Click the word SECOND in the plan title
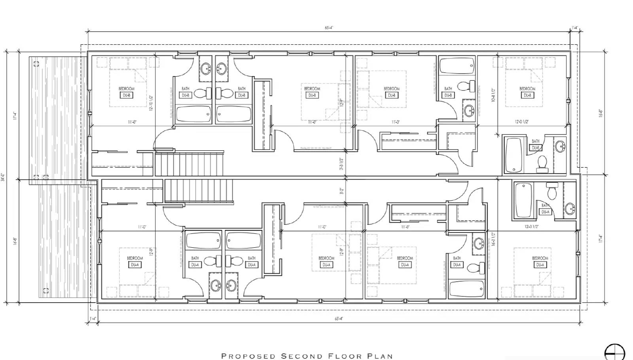[x=300, y=356]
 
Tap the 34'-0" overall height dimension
[x=3, y=177]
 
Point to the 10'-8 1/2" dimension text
[x=493, y=95]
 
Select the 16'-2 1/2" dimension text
[x=493, y=239]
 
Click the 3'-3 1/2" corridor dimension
[x=341, y=164]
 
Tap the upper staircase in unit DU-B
[x=189, y=163]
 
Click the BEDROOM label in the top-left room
[x=126, y=89]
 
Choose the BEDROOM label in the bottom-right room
[x=540, y=258]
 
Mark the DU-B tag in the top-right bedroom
[x=527, y=95]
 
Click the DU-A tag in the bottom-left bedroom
[x=135, y=265]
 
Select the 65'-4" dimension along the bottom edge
[x=339, y=318]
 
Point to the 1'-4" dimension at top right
[x=574, y=28]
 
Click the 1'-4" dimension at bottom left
[x=93, y=318]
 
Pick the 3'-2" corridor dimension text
[x=341, y=192]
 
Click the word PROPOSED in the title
[x=248, y=356]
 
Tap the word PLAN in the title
[x=380, y=356]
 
